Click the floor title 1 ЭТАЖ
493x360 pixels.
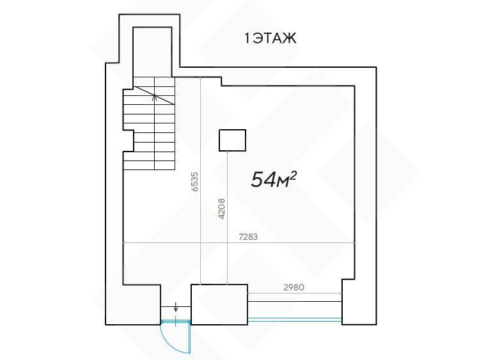270,38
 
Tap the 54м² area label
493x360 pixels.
274,180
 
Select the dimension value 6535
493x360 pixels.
195,182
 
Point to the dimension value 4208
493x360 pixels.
221,208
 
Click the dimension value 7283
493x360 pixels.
248,237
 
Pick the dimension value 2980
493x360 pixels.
294,287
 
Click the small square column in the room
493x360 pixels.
232,140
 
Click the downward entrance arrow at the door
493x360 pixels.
176,306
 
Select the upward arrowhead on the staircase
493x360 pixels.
154,97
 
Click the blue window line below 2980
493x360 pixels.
295,320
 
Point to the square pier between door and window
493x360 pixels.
219,304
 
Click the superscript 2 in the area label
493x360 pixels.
293,176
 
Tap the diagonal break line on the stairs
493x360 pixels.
154,95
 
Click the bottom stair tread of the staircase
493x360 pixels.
149,165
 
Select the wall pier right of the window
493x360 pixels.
359,302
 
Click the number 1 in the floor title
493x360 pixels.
247,38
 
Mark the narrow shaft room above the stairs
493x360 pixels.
152,52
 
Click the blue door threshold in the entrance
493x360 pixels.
176,322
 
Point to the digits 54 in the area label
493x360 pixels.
263,180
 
